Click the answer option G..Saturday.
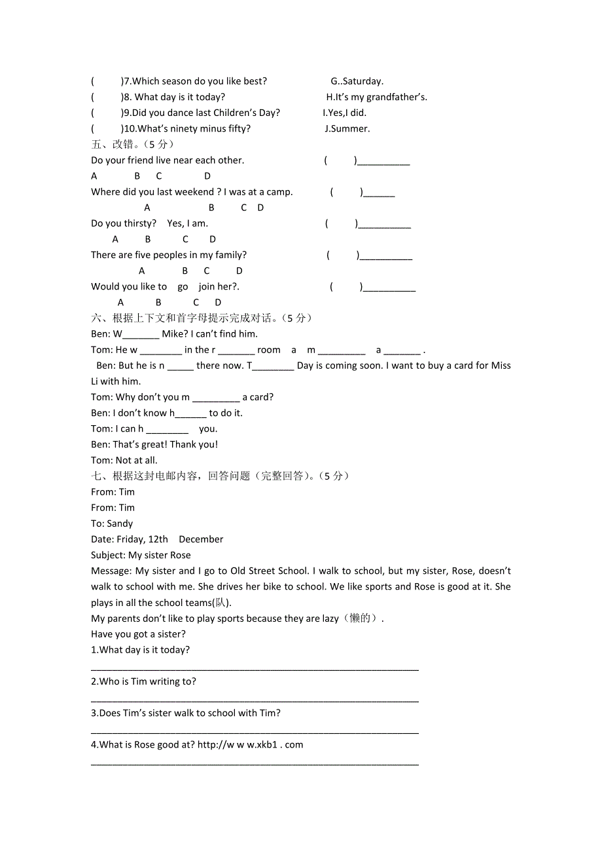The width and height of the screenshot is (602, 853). click(x=357, y=81)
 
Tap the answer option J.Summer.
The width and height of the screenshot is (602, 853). click(x=347, y=128)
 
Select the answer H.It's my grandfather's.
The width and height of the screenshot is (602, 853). click(x=376, y=97)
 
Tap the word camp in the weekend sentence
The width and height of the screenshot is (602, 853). click(x=279, y=192)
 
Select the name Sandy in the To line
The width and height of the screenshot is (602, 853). click(x=120, y=523)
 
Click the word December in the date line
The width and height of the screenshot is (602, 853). click(x=201, y=539)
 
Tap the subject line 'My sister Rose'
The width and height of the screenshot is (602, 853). click(x=160, y=555)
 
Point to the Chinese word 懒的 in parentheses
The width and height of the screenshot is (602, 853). click(x=361, y=618)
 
